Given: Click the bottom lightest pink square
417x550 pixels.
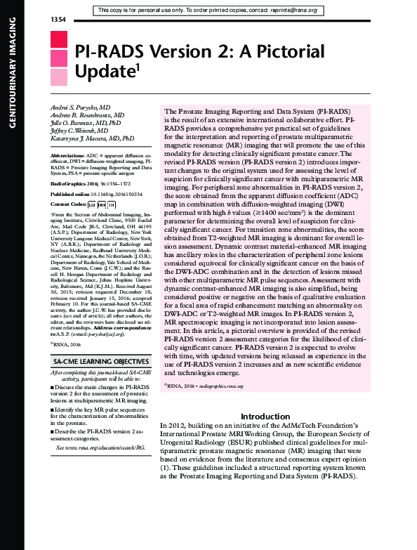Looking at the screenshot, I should coord(58,76).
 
